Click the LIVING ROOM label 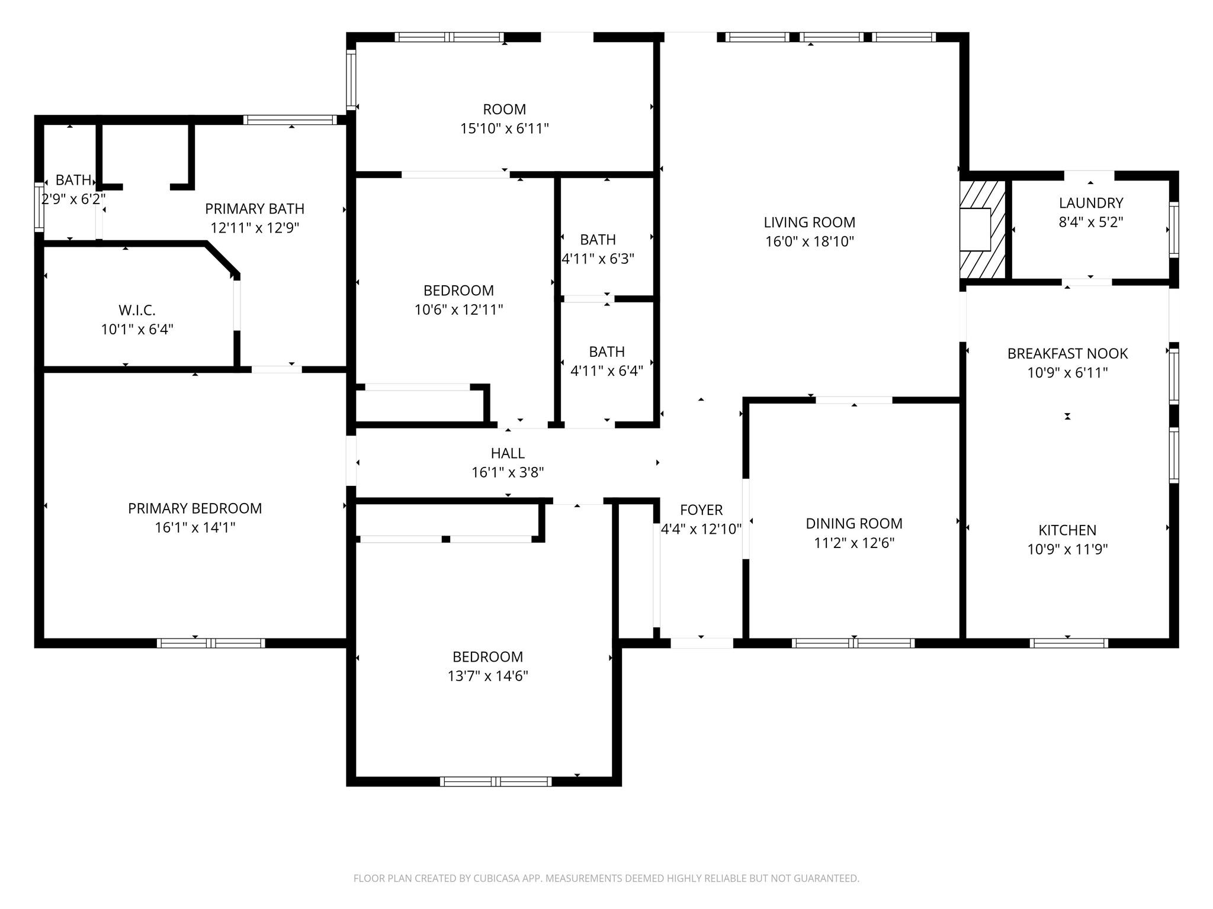809,223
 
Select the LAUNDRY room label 1091,203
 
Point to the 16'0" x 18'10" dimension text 809,241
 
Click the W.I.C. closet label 137,310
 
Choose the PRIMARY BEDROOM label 195,508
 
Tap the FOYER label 701,510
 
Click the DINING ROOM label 854,524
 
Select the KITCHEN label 1067,530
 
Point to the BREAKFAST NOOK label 1067,354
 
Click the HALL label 508,453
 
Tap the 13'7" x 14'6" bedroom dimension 488,676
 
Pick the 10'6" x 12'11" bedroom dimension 458,310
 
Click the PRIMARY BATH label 255,209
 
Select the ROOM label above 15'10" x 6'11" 505,109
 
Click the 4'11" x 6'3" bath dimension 598,259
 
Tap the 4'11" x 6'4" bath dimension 606,371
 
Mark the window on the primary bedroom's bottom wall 211,643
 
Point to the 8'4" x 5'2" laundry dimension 1091,222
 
